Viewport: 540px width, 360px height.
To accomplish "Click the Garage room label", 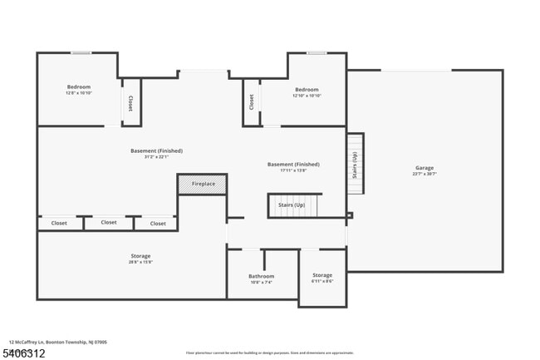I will [425, 168].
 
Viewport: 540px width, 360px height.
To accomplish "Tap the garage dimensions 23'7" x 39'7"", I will [425, 175].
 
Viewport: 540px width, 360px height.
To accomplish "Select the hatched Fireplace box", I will [203, 184].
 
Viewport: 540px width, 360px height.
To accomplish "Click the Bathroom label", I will [261, 276].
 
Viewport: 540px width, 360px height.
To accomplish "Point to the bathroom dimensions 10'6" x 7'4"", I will [261, 283].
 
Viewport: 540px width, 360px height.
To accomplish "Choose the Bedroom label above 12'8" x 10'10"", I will [79, 86].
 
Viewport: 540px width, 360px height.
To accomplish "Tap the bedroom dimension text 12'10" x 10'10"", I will [307, 96].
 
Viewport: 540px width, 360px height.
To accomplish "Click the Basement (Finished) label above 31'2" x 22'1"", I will [156, 150].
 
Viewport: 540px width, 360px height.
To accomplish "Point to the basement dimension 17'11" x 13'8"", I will [292, 170].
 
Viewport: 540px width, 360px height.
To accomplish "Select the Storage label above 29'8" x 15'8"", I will [140, 255].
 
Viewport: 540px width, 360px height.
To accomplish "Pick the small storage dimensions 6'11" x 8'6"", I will [322, 282].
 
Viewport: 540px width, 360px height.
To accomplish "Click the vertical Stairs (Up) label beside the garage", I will [355, 164].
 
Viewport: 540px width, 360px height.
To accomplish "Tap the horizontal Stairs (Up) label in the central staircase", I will [291, 204].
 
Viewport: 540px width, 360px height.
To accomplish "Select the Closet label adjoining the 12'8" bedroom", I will [130, 102].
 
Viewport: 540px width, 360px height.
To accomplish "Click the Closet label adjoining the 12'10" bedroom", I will [251, 101].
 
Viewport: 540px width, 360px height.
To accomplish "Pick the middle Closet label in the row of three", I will [109, 222].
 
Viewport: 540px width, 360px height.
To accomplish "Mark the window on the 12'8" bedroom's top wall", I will [81, 53].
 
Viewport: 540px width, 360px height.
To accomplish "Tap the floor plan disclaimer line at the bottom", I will [270, 353].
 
